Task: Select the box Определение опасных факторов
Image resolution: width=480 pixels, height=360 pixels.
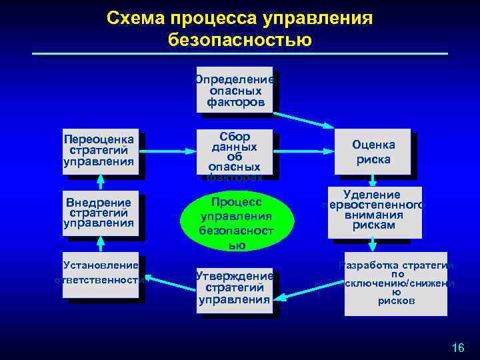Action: pos(235,89)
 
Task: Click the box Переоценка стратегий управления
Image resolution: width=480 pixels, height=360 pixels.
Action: pos(100,151)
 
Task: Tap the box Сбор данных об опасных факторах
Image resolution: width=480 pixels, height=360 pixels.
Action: pos(234,154)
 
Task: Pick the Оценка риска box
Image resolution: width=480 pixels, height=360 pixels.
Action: pos(373,153)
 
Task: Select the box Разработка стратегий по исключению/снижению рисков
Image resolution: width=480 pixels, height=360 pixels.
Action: pos(396,284)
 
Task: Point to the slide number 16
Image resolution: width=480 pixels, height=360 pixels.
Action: pos(457,347)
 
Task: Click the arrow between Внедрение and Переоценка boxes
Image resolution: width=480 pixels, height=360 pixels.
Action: pos(101,182)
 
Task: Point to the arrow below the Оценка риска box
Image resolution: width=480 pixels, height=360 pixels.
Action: pos(373,180)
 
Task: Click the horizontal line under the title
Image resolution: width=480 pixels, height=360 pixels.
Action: pos(240,53)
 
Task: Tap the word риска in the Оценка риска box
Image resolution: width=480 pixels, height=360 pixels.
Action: pos(373,160)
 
